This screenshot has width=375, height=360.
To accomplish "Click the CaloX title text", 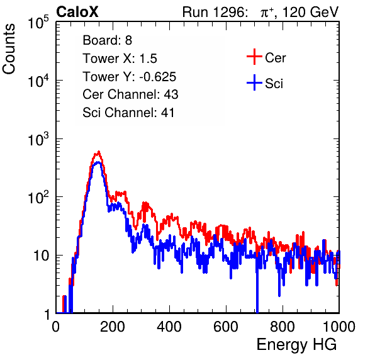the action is click(x=77, y=12).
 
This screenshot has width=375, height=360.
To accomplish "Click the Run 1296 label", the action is click(x=215, y=12).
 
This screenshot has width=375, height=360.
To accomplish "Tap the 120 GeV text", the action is click(x=310, y=12).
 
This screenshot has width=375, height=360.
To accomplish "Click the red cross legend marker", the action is click(x=254, y=57).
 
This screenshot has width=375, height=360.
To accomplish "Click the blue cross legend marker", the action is click(x=254, y=82).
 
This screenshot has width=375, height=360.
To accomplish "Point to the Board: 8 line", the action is click(x=108, y=40).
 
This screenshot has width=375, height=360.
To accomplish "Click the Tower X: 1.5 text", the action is click(x=120, y=59).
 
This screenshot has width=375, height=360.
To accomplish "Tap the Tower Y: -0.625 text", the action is click(x=130, y=77).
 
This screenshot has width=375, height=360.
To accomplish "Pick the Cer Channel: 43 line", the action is click(x=130, y=94).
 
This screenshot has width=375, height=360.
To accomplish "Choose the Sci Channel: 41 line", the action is click(x=128, y=113).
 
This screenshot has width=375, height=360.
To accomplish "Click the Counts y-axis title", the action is click(x=9, y=49).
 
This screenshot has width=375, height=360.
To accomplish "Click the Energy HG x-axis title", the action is click(x=296, y=345).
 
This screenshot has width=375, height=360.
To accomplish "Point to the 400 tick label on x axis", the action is click(x=169, y=327).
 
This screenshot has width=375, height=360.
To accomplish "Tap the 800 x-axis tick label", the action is click(x=283, y=327).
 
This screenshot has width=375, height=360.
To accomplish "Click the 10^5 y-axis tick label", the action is click(x=38, y=22).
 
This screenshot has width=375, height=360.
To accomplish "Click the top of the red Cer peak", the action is click(x=99, y=151).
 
